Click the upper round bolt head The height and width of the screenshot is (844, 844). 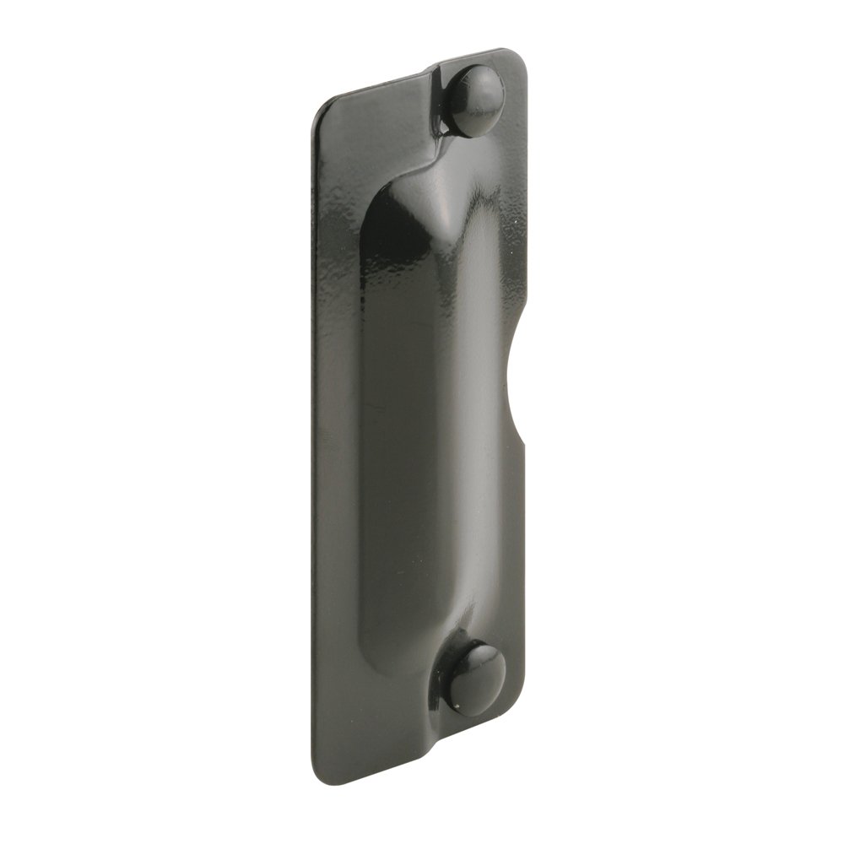(x=475, y=100)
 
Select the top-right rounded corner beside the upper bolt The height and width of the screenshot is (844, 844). (x=518, y=59)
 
